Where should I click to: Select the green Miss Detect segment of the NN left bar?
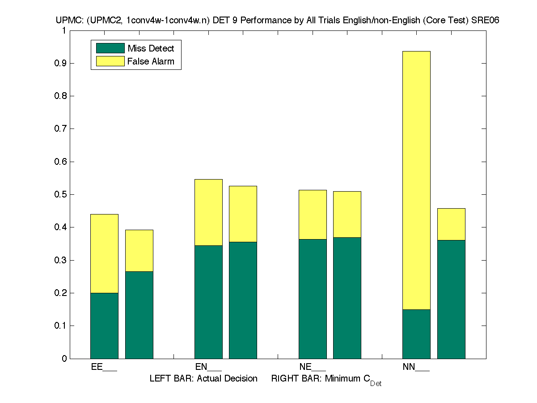tap(416, 334)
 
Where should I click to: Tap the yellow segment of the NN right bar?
tap(451, 224)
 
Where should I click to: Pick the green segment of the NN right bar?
tap(451, 299)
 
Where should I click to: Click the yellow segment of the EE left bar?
tap(104, 253)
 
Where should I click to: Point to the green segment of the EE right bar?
tap(139, 315)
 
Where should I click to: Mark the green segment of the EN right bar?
tap(243, 300)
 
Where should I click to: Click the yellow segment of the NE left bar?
tap(313, 214)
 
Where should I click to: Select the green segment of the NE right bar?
tap(347, 298)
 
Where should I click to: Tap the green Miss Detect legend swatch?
tap(110, 48)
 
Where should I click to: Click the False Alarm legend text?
tap(151, 62)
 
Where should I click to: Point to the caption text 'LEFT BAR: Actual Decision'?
tap(203, 379)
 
